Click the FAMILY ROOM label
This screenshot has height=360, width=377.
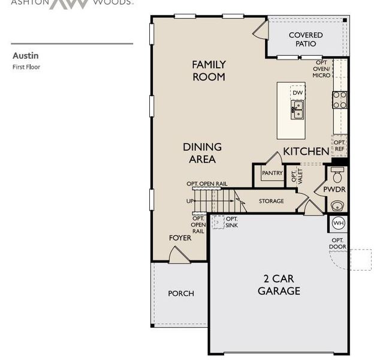pyautogui.click(x=209, y=70)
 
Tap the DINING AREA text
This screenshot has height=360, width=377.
pyautogui.click(x=202, y=152)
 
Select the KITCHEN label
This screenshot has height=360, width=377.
pyautogui.click(x=306, y=151)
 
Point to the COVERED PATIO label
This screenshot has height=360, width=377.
pyautogui.click(x=306, y=40)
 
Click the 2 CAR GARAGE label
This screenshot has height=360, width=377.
pyautogui.click(x=279, y=284)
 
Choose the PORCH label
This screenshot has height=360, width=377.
pyautogui.click(x=180, y=293)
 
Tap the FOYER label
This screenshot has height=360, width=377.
pyautogui.click(x=180, y=238)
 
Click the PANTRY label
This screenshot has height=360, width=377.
pyautogui.click(x=272, y=173)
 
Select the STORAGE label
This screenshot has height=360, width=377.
pyautogui.click(x=272, y=201)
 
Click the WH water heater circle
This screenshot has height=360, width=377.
pyautogui.click(x=338, y=224)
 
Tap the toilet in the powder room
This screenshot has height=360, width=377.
pyautogui.click(x=337, y=175)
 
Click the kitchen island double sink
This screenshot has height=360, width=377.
pyautogui.click(x=298, y=109)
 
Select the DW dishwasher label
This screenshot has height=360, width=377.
pyautogui.click(x=298, y=92)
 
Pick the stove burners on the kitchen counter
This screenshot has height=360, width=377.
pyautogui.click(x=340, y=99)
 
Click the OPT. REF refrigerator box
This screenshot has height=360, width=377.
pyautogui.click(x=340, y=146)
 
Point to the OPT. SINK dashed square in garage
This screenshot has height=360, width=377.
pyautogui.click(x=218, y=221)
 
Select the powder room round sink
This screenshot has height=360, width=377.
pyautogui.click(x=337, y=206)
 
